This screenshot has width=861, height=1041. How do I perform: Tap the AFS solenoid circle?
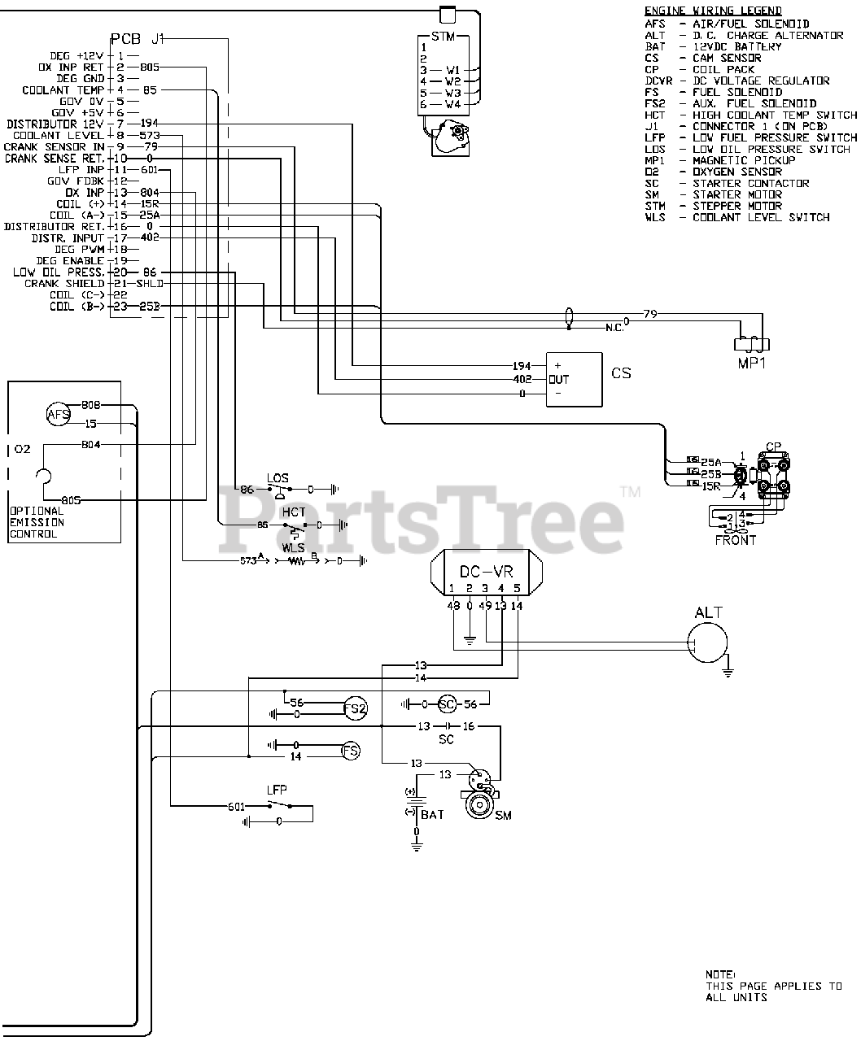(59, 416)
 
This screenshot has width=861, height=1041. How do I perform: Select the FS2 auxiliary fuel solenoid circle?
(355, 708)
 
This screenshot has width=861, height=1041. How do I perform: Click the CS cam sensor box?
(574, 379)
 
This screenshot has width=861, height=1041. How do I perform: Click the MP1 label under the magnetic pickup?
(752, 364)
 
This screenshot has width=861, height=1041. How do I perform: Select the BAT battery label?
(432, 813)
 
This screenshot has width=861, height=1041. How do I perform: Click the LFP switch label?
(277, 790)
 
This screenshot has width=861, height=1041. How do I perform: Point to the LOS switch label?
(278, 478)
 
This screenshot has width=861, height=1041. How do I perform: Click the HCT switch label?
(293, 512)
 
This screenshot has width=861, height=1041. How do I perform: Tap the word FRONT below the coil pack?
(735, 540)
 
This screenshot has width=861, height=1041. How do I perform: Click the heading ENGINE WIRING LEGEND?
(713, 11)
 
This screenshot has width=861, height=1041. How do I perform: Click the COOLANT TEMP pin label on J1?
(63, 90)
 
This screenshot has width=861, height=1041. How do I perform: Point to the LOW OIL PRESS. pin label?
(58, 272)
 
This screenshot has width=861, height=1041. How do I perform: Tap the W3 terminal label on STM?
(452, 93)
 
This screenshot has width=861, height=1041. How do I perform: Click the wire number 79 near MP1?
(649, 314)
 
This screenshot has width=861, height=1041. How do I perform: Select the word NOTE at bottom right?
(719, 974)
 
